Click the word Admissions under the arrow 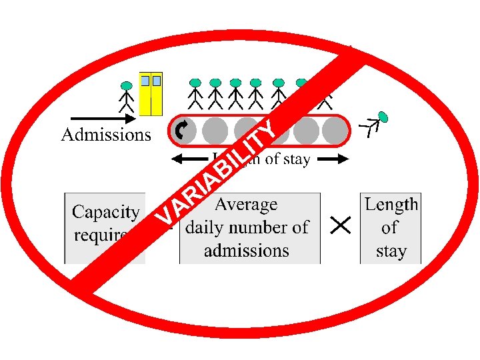tap(106, 135)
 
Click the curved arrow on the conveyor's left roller tap(181, 131)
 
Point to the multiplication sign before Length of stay tap(341, 227)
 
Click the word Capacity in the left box tap(105, 213)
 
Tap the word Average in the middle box tap(246, 204)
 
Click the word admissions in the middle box tap(246, 251)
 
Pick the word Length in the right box tap(391, 204)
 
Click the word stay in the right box tap(391, 251)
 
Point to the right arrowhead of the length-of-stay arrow tap(343, 159)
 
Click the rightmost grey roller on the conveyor tap(333, 131)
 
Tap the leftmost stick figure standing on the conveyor tap(195, 94)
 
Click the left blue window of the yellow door tap(145, 80)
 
